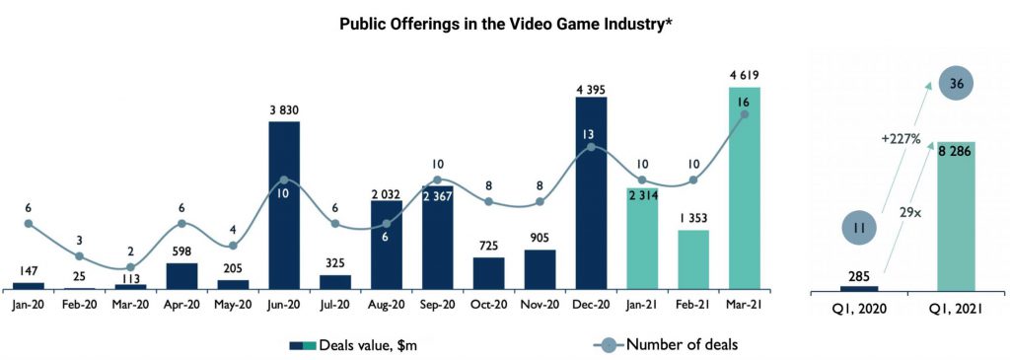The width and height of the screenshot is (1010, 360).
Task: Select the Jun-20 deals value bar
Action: coord(284,205)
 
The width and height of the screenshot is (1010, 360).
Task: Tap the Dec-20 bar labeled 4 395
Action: coord(592,193)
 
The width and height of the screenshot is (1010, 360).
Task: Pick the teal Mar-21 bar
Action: coord(745,188)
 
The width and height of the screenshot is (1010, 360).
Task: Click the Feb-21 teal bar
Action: coord(693,259)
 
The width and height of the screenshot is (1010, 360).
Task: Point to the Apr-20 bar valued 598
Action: coord(181,275)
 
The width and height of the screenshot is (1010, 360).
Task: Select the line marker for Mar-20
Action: coord(131,266)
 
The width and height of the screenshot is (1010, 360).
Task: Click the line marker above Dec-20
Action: coord(592,148)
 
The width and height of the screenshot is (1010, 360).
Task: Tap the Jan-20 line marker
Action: coord(29,224)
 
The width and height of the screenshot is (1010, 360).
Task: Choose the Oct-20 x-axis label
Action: coord(489,305)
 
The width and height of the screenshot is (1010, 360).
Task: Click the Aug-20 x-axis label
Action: coord(387,305)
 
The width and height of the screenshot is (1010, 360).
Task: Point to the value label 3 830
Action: coord(284,110)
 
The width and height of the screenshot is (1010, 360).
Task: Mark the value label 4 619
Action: coord(745,77)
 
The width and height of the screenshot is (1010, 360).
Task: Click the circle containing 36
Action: coord(957,83)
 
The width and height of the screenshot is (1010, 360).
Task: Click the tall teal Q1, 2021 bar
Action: coord(957,216)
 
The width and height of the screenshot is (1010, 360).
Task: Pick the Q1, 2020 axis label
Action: coord(859,309)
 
